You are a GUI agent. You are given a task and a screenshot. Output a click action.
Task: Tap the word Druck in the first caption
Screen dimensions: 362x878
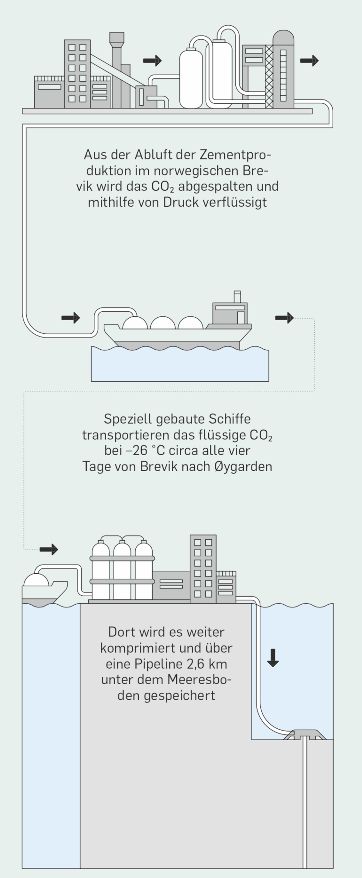[180, 202]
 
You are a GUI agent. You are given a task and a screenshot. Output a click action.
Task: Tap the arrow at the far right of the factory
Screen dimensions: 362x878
[309, 61]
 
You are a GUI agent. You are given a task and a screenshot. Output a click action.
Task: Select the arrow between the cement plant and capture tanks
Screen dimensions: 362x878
[152, 61]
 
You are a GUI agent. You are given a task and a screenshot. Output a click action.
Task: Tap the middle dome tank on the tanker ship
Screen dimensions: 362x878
[163, 323]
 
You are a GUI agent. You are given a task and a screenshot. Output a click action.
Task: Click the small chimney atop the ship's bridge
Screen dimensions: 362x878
[237, 297]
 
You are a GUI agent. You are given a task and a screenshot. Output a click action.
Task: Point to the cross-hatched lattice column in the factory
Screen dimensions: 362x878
[269, 77]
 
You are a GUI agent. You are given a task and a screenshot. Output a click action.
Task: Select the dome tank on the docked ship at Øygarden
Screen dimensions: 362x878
[36, 580]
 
